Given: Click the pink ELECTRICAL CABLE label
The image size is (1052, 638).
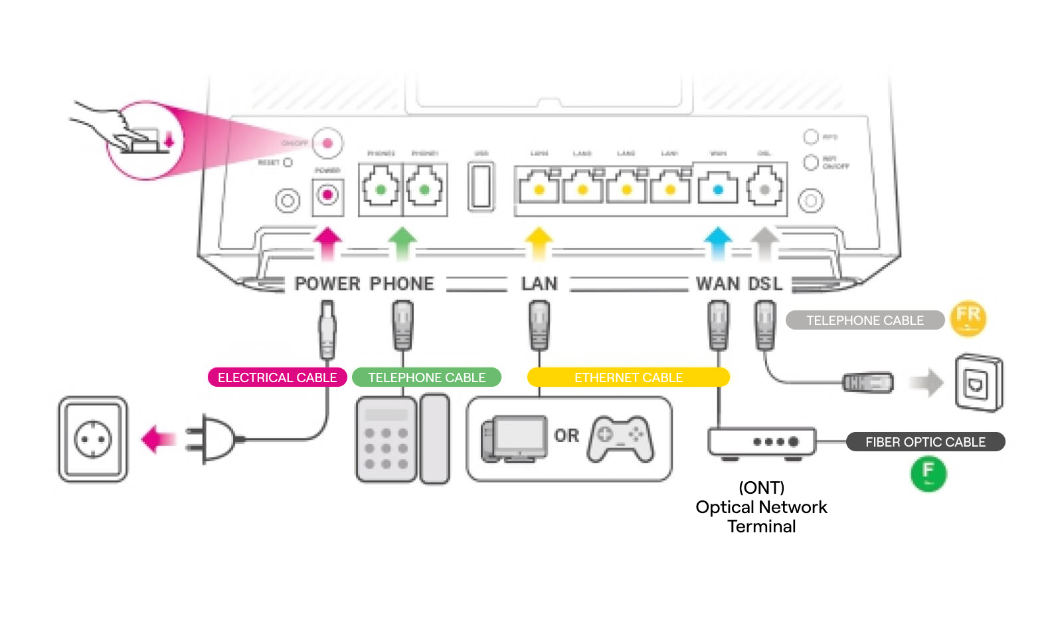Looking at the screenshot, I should coord(277,377).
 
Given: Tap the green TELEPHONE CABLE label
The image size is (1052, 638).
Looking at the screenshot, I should coord(426,377).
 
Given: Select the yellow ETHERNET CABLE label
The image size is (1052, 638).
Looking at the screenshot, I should coord(628,377).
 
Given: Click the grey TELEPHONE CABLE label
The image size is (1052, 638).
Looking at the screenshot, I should coord(865,320).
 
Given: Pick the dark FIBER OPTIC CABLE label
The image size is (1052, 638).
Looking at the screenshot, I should coord(925,442).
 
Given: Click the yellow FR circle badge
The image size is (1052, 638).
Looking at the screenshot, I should coord(968,318).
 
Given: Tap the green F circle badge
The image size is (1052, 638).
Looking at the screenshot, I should coord(928,473).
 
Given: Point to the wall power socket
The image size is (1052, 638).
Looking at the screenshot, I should coord(93,439).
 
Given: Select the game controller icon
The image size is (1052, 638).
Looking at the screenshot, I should coord(620,439).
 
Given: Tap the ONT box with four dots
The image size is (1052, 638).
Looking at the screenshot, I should coord(762,442).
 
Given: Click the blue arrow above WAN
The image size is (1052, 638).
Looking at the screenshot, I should coord(718,242).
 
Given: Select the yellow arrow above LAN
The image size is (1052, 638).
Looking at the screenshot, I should coord(539,242).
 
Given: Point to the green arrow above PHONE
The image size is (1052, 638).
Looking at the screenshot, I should coord(402,242).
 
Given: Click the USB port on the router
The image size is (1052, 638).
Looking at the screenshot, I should coord(481,187).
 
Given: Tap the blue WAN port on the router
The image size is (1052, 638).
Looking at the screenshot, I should coord(718,189).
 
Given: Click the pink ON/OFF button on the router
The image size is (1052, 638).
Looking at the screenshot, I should coord(327,143).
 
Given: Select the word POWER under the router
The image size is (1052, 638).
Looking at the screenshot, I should coord(327,284).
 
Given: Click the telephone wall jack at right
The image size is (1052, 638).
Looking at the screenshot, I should coord(979,383).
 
